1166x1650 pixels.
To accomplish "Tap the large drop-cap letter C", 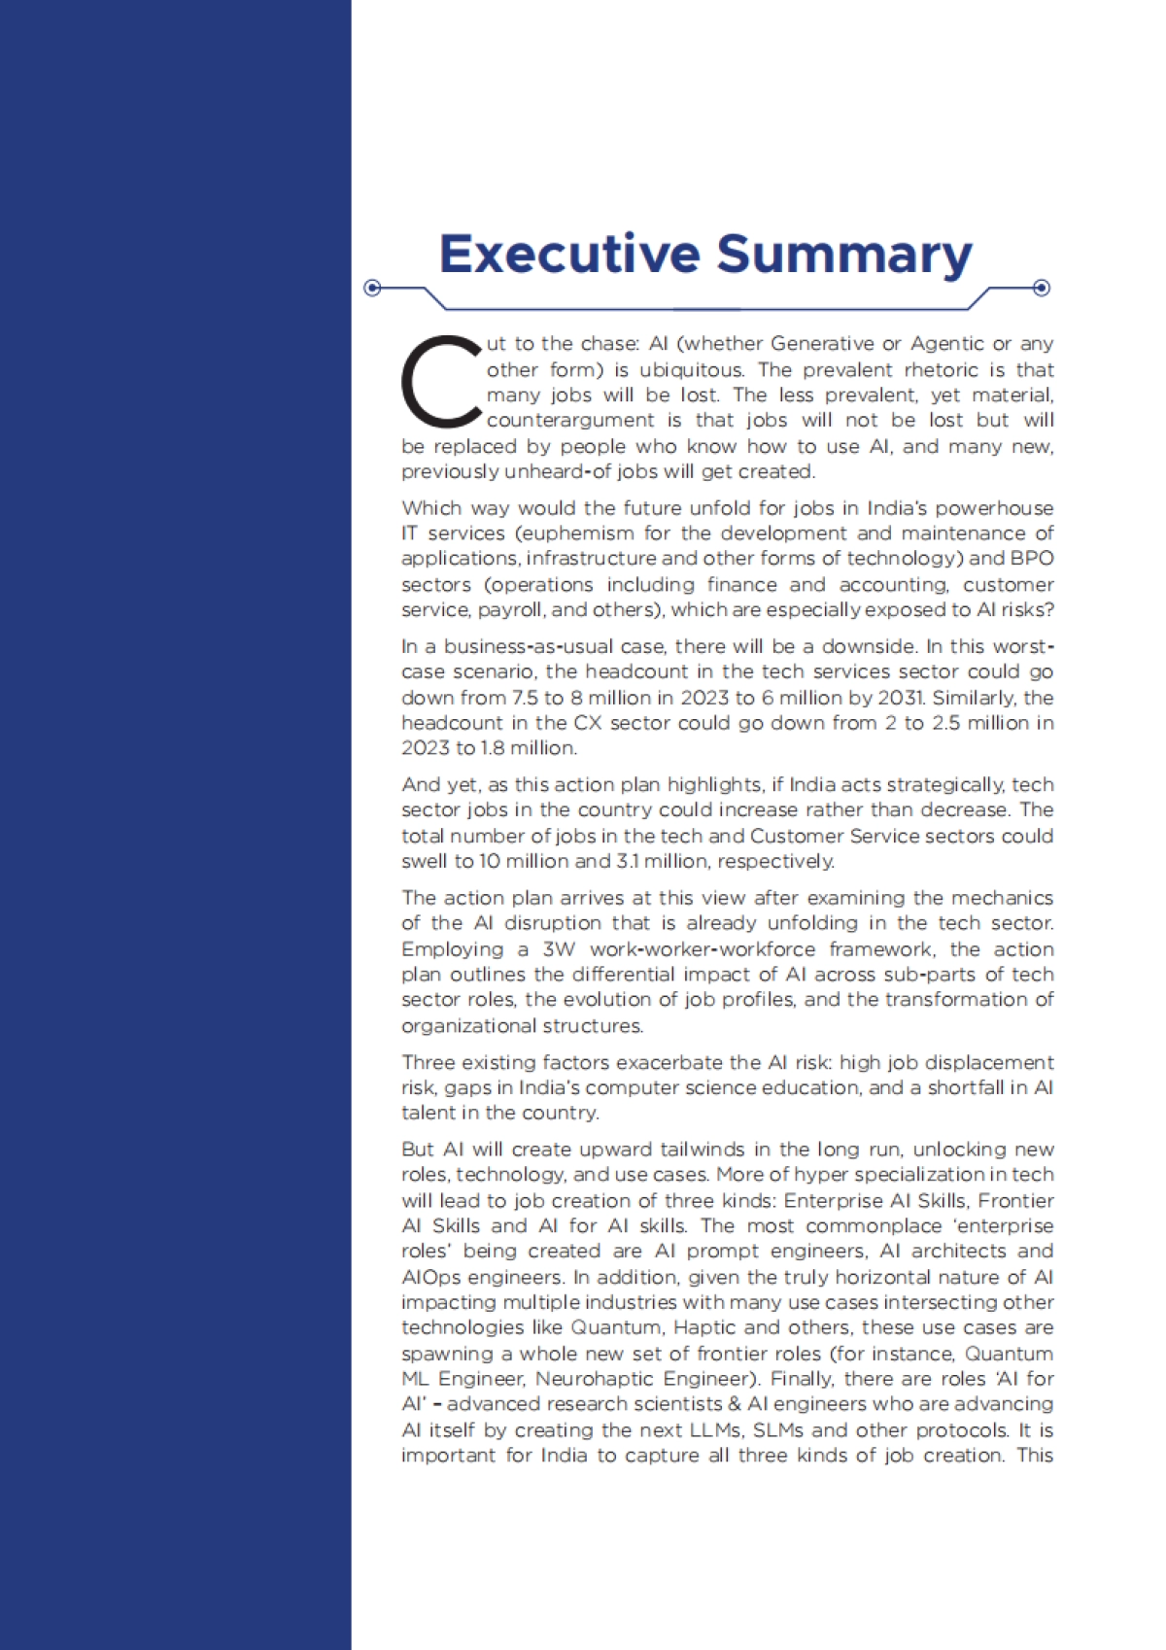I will point(440,382).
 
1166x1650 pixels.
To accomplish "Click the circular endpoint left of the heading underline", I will point(371,288).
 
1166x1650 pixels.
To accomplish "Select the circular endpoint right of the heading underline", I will point(1042,288).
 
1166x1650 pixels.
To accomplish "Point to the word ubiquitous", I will point(691,369).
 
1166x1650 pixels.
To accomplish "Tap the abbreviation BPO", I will point(1032,558).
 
